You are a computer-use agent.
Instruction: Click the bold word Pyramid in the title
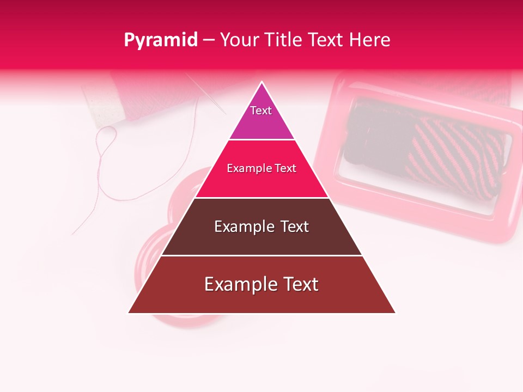[160, 40]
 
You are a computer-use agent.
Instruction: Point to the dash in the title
[209, 40]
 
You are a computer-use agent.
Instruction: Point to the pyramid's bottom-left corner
[129, 313]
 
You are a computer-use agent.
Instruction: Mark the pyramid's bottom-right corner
[395, 313]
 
